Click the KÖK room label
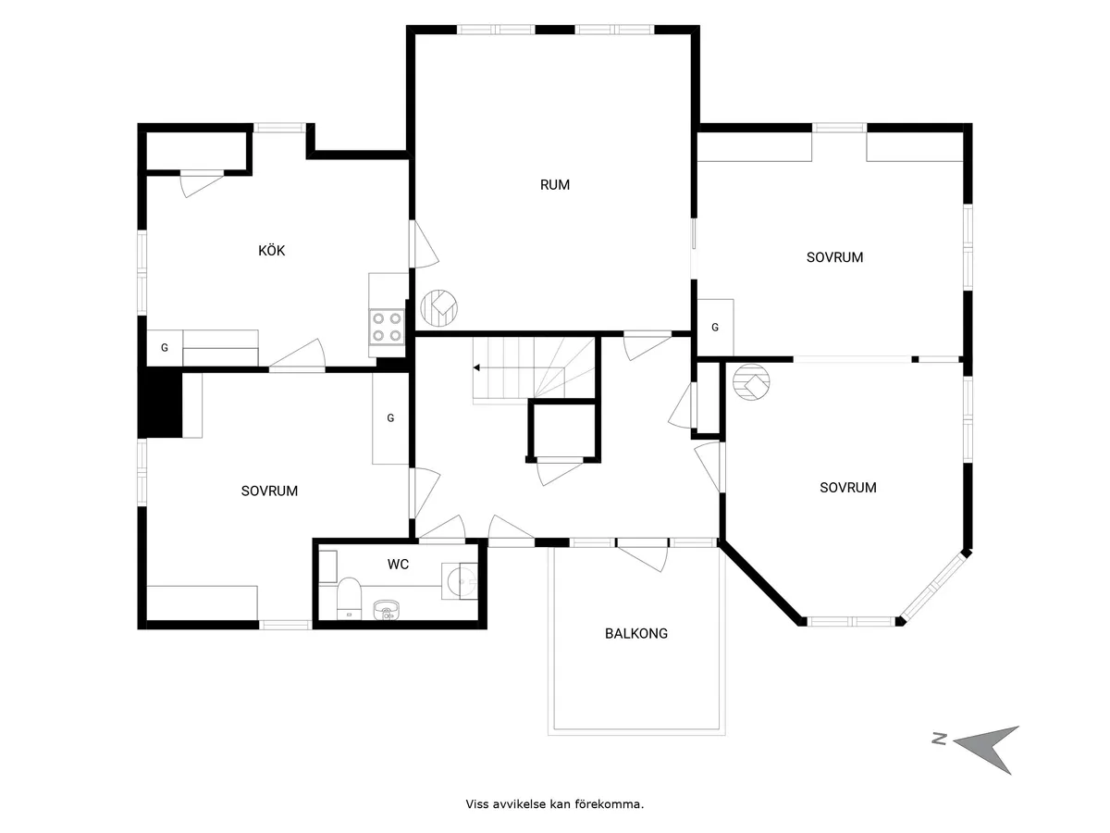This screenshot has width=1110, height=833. (x=271, y=250)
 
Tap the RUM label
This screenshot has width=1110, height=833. (x=555, y=185)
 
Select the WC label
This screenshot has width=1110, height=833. (x=399, y=564)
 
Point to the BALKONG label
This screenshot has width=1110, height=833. (x=636, y=634)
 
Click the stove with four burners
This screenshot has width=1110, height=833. (x=388, y=326)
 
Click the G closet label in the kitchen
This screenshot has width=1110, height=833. (x=165, y=348)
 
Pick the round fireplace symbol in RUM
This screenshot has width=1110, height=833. (x=438, y=307)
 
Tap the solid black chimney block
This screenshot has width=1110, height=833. (x=159, y=404)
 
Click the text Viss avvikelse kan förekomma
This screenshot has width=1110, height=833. (x=554, y=804)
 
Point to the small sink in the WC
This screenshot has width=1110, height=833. (x=386, y=608)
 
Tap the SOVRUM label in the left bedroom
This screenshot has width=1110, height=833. (x=269, y=491)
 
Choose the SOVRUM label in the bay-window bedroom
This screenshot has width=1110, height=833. (x=847, y=488)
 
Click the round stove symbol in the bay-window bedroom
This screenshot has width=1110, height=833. (x=751, y=382)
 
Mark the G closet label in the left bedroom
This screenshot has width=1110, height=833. (x=390, y=418)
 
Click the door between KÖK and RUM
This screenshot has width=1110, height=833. (x=424, y=245)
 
